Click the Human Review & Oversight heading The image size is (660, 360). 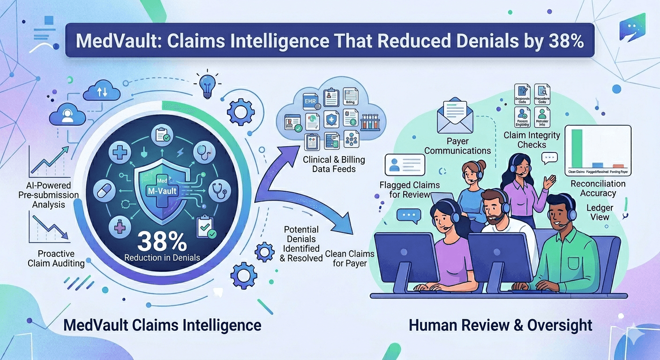[x=500, y=325]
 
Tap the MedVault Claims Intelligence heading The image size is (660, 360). [x=162, y=325]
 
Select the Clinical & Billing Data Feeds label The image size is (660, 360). [x=334, y=164]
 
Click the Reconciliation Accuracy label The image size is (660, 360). [x=598, y=188]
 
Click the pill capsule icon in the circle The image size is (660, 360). [x=106, y=192]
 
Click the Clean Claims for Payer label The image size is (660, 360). [x=350, y=258]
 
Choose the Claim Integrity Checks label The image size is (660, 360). [x=532, y=140]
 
